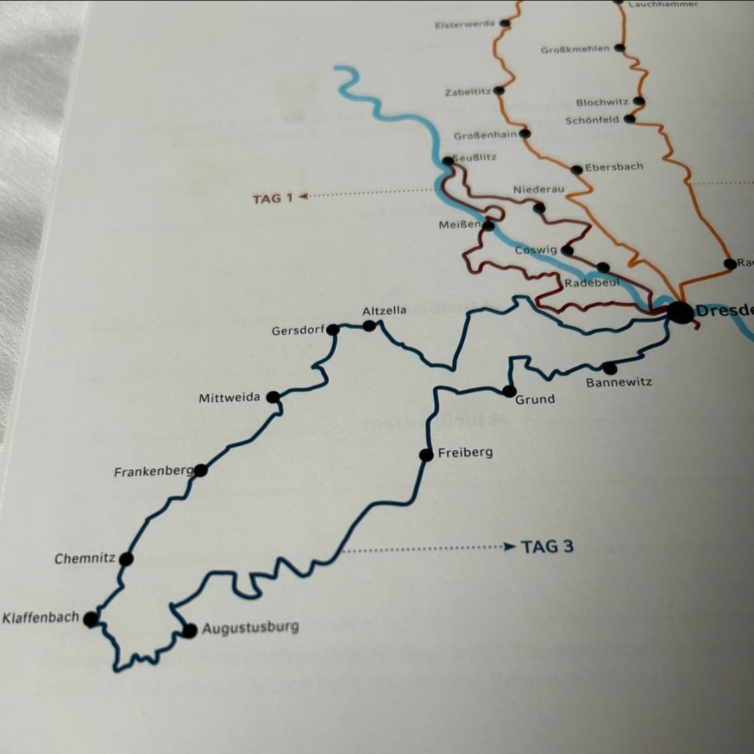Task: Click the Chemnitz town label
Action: (84, 559)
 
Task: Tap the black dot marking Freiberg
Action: (426, 455)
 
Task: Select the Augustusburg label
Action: (250, 628)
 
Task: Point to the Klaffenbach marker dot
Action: (91, 619)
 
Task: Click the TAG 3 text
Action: (547, 547)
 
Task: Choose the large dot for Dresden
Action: (680, 312)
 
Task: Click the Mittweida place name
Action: (229, 398)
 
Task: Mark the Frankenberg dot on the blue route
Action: (200, 470)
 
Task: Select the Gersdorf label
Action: (298, 330)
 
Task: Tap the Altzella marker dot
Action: (369, 325)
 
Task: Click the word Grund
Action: (535, 399)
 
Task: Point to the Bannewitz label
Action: (619, 383)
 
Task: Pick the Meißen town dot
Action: (488, 226)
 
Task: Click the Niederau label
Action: (538, 190)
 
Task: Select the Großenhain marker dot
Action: (524, 133)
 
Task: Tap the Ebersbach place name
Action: (614, 168)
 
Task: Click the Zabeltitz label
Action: (468, 92)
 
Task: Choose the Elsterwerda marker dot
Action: (505, 23)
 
